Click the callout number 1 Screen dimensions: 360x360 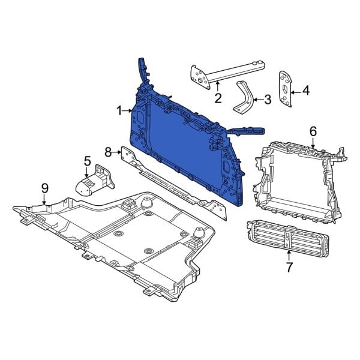tap(119, 110)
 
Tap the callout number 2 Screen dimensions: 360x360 tap(218, 97)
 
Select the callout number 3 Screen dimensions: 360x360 tap(268, 100)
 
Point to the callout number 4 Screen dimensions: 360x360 tap(305, 91)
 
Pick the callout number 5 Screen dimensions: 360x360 tap(87, 161)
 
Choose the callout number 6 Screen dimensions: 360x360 tap(313, 131)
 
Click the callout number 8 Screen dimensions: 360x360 tap(108, 151)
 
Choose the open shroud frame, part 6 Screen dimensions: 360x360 tap(294, 180)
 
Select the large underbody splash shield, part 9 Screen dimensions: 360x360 tap(120, 240)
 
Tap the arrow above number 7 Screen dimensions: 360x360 tap(289, 254)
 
